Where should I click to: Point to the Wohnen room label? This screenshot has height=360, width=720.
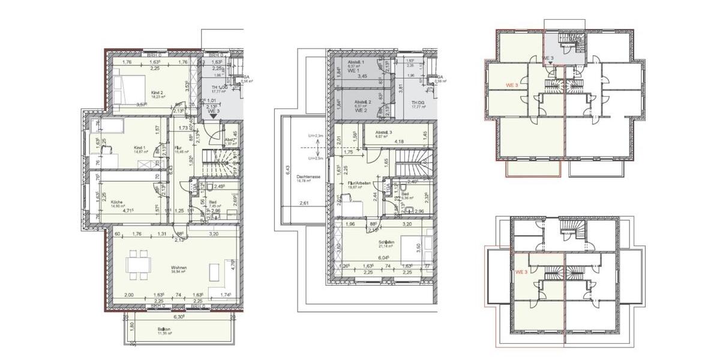point(178,268)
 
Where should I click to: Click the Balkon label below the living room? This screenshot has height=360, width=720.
point(163,329)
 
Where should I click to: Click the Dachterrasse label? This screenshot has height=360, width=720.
point(308,176)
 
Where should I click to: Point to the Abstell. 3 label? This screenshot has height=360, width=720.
point(385,133)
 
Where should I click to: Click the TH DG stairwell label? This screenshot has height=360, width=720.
point(418,103)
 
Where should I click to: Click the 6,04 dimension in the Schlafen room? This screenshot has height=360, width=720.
point(382,257)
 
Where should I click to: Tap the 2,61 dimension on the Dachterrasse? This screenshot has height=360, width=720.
point(304,205)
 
